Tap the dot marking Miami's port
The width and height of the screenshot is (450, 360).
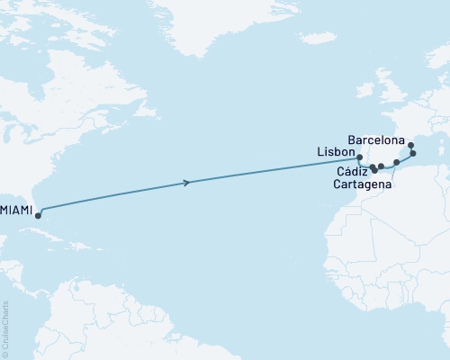coord(38,211)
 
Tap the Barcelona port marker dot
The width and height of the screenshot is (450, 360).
coord(409,145)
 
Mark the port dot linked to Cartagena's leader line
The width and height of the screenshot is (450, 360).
coord(397,163)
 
